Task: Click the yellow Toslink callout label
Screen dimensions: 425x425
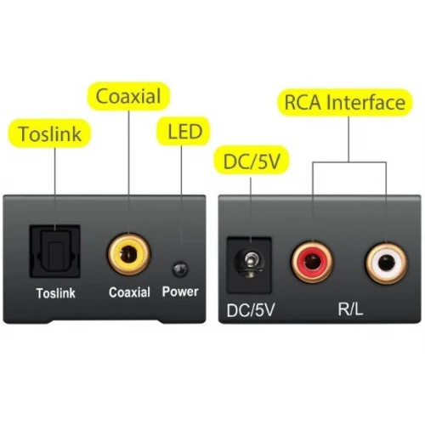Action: click(49, 133)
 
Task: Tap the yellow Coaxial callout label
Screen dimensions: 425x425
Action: click(128, 96)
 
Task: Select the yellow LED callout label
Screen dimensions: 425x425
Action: click(184, 131)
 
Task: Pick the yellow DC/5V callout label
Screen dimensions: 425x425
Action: click(252, 160)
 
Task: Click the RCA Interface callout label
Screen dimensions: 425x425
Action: click(345, 102)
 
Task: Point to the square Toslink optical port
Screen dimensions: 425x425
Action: click(55, 252)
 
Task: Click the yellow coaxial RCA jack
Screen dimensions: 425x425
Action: click(129, 254)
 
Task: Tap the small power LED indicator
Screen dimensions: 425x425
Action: click(180, 269)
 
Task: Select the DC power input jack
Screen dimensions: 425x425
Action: click(249, 265)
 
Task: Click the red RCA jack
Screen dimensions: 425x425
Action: click(312, 262)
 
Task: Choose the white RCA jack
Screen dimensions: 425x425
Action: click(387, 263)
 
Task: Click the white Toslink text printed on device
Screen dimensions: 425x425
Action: click(56, 293)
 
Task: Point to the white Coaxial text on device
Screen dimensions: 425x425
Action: click(129, 292)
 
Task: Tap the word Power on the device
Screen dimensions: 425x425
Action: click(180, 292)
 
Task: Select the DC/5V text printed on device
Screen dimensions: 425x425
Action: click(251, 310)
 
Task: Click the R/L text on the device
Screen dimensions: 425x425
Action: click(350, 309)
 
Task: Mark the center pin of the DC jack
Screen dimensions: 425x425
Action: click(250, 262)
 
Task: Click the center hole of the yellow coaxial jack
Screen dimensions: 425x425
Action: click(129, 254)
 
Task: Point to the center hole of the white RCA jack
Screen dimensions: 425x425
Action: click(387, 263)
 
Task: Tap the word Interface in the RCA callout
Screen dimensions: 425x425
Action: click(365, 102)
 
